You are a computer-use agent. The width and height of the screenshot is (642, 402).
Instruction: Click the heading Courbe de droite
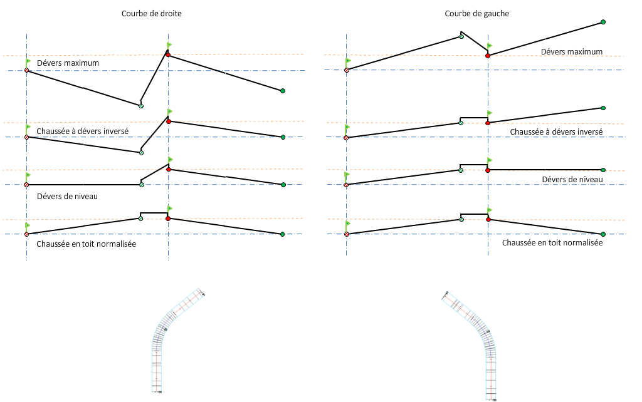click(152, 14)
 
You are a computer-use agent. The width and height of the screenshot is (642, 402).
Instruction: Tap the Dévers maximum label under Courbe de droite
click(68, 63)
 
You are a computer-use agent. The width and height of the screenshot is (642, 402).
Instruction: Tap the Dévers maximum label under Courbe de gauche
click(571, 52)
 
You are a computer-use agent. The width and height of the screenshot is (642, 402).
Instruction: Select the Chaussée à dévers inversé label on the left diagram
click(83, 131)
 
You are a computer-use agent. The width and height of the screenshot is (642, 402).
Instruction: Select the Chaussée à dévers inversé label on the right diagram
click(556, 132)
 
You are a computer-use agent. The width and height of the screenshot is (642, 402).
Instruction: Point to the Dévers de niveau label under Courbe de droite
click(67, 197)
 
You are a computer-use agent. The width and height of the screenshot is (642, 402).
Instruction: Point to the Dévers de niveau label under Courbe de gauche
click(572, 180)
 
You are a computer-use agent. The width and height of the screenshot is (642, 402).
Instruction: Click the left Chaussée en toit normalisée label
click(87, 244)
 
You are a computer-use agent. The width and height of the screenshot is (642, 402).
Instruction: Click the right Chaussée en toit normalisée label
click(552, 242)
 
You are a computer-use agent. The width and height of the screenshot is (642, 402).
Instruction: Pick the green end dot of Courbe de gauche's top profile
click(603, 22)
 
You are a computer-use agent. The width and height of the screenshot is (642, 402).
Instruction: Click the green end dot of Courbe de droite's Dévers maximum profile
click(283, 91)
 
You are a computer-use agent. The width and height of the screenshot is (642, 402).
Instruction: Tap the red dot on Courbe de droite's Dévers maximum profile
click(168, 55)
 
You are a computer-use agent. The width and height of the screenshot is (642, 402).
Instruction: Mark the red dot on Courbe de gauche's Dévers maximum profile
click(488, 56)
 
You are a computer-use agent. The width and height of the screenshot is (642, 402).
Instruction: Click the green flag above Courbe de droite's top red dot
click(169, 45)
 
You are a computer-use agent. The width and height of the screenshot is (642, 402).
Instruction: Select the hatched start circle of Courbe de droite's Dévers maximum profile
click(26, 70)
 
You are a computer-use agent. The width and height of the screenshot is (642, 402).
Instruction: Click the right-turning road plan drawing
click(177, 338)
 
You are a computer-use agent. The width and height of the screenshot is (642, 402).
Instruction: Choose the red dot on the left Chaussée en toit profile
click(168, 219)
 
